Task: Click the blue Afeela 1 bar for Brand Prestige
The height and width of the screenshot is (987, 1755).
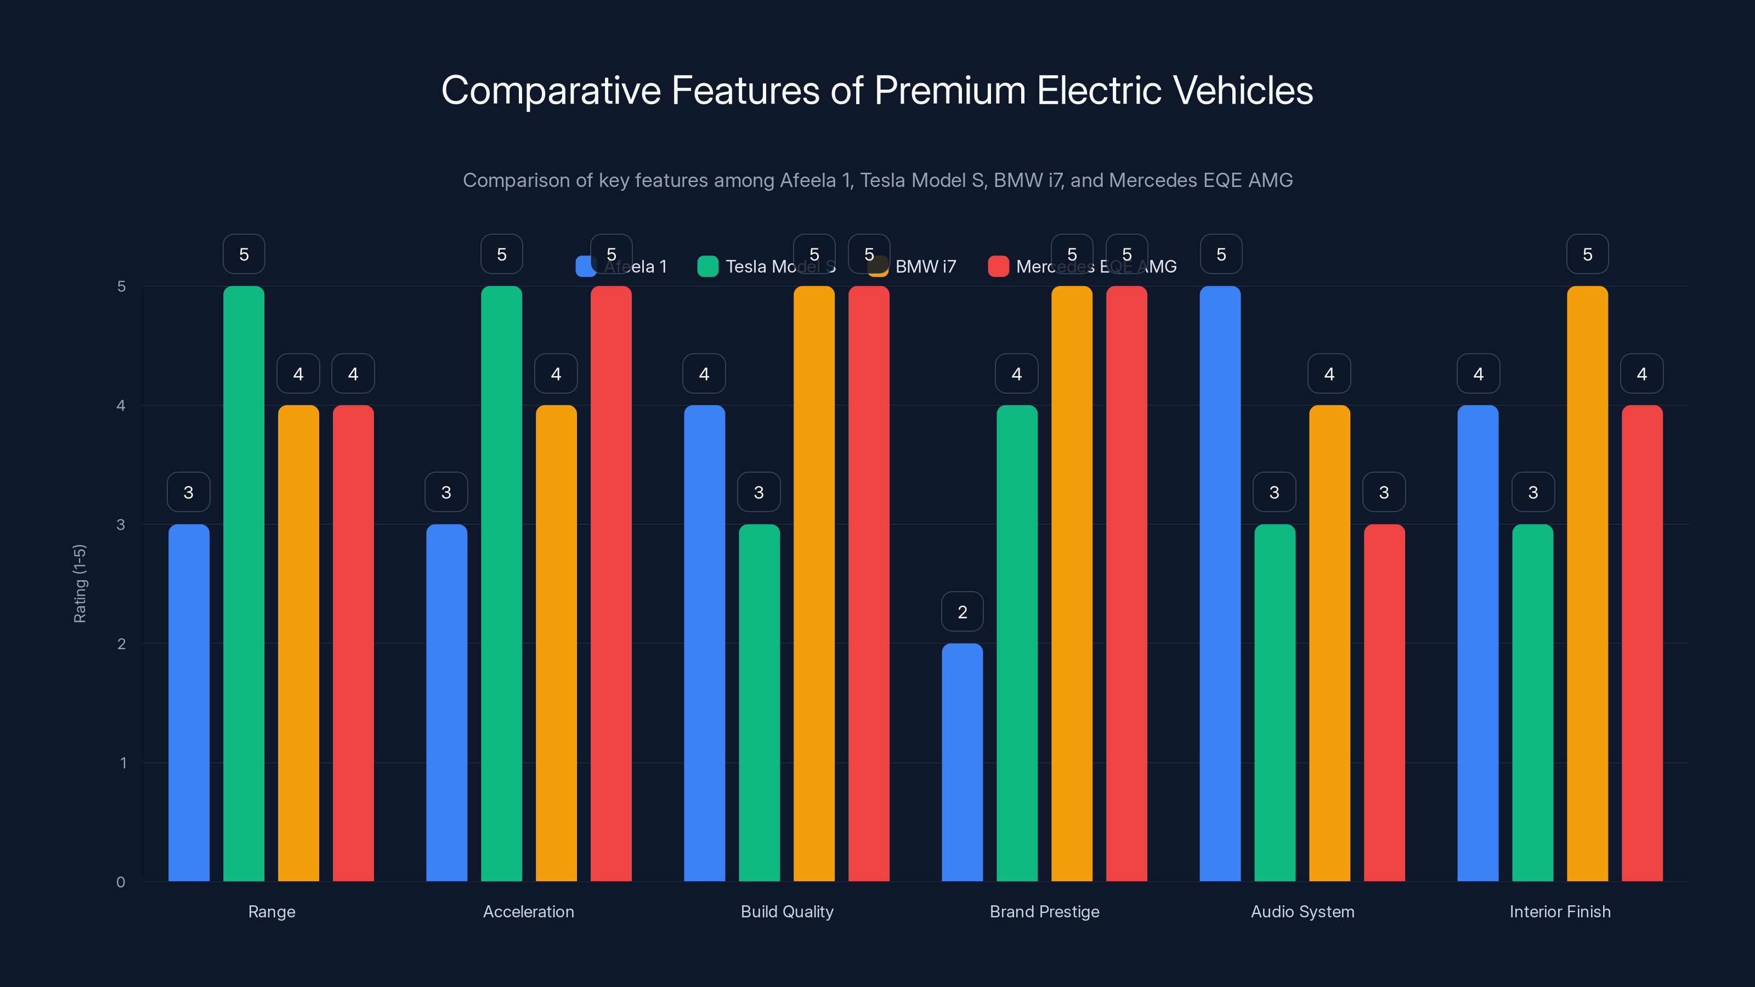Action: tap(962, 762)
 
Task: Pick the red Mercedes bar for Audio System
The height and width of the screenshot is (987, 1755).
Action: tap(1384, 702)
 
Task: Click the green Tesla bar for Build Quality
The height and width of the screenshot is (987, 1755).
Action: tap(759, 702)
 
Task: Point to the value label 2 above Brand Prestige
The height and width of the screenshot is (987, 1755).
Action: tap(962, 612)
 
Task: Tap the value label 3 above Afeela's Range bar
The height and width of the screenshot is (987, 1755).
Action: tap(189, 492)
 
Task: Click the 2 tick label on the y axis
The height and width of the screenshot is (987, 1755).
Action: tap(121, 644)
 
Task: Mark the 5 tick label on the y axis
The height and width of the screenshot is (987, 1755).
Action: tap(121, 286)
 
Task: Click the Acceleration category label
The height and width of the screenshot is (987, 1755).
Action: tap(529, 911)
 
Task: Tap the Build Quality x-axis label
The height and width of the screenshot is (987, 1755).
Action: tap(787, 911)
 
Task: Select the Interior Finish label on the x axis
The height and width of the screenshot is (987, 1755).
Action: tap(1559, 911)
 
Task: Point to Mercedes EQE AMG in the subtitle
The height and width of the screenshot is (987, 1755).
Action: tap(1201, 180)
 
